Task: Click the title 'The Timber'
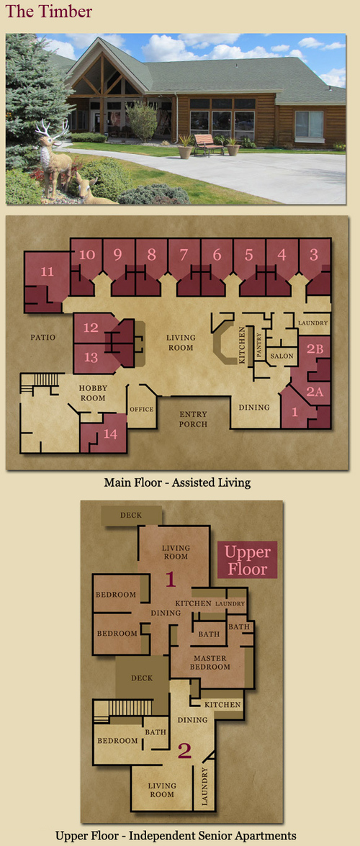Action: (49, 12)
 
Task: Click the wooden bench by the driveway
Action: (207, 144)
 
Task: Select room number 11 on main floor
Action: (48, 271)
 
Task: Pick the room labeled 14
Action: (110, 433)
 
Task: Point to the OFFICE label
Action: (142, 409)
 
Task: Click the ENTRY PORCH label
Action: (193, 419)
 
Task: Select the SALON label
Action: (282, 356)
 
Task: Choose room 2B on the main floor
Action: (315, 348)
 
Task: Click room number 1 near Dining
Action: (294, 411)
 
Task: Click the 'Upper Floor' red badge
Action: (247, 560)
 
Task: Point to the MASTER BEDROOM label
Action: (210, 662)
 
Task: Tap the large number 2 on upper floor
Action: (184, 750)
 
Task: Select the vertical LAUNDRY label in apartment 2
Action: (205, 787)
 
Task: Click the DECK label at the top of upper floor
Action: (131, 516)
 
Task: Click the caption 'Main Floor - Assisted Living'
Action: (177, 482)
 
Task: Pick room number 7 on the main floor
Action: (184, 255)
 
